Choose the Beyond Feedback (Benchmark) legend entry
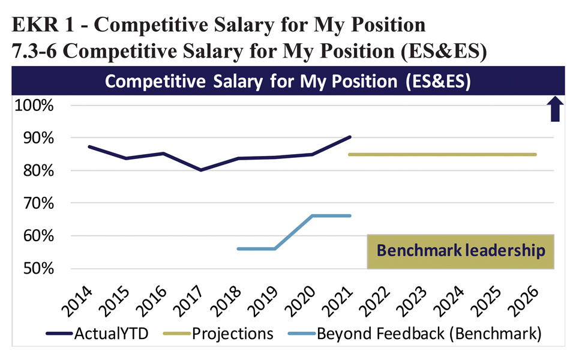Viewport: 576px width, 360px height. [x=428, y=334]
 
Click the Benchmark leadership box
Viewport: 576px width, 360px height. [x=460, y=251]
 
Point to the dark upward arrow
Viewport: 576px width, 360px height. [x=555, y=109]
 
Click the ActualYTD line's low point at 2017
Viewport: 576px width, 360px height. [x=200, y=170]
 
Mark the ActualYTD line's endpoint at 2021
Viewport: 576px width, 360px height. [x=350, y=137]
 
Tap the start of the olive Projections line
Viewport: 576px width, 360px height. [x=349, y=155]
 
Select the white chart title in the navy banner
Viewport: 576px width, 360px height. [x=288, y=82]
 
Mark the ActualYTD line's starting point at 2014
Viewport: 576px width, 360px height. [x=89, y=146]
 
